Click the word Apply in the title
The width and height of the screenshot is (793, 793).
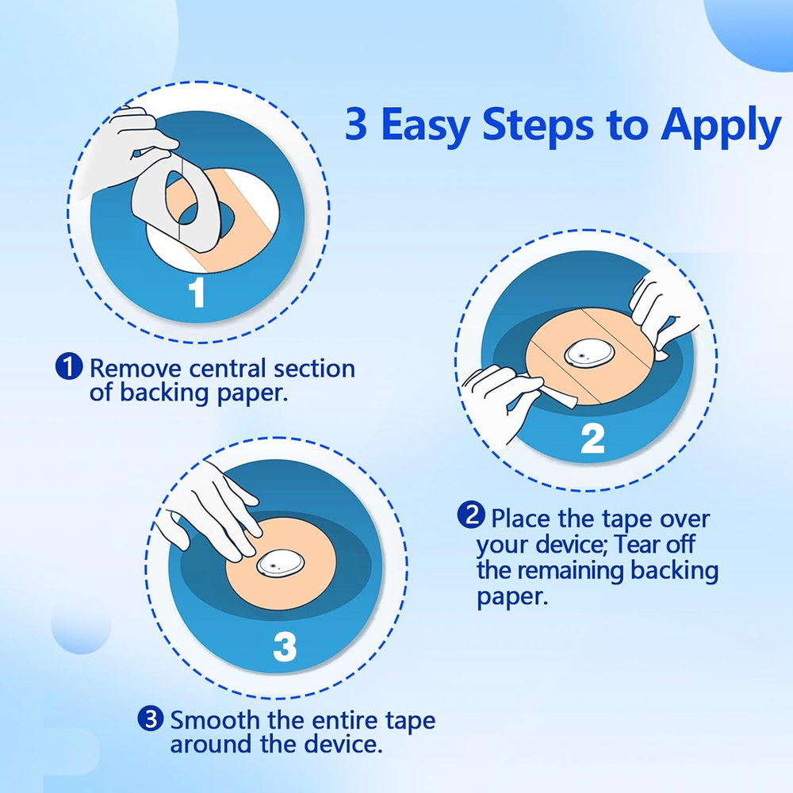[x=721, y=126]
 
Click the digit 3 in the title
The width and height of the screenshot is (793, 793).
[x=356, y=124]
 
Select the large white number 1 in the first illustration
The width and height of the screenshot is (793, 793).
[x=196, y=292]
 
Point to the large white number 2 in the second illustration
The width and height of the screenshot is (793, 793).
[x=592, y=439]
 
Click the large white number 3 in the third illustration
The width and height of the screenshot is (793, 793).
[x=284, y=647]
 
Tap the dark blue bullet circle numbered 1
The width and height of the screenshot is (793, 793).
[x=69, y=366]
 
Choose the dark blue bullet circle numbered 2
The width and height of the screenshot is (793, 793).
[x=471, y=515]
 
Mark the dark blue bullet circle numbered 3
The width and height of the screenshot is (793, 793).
[x=151, y=718]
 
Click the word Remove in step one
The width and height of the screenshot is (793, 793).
[x=135, y=368]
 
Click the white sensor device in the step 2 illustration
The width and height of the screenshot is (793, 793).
[x=589, y=354]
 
